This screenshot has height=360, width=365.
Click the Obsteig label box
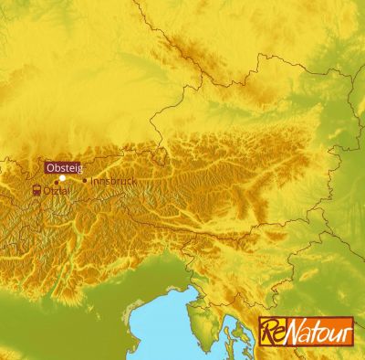pyautogui.click(x=61, y=166)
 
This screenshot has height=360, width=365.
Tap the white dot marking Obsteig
pyautogui.click(x=62, y=178)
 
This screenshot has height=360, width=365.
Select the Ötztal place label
pyautogui.click(x=55, y=191)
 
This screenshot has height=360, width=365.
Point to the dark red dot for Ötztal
pyautogui.click(x=57, y=182)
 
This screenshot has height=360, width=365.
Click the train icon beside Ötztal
pyautogui.click(x=36, y=191)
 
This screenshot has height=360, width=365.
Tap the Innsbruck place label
pyautogui.click(x=114, y=181)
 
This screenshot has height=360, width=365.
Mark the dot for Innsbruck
pyautogui.click(x=85, y=180)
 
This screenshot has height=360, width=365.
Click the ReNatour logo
pyautogui.click(x=305, y=331)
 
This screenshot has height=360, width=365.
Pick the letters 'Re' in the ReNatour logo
pyautogui.click(x=272, y=332)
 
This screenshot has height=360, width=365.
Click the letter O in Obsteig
pyautogui.click(x=50, y=166)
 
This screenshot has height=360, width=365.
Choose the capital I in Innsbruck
pyautogui.click(x=94, y=181)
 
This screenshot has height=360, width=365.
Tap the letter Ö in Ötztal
pyautogui.click(x=47, y=191)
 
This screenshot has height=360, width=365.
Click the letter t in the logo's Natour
pyautogui.click(x=315, y=334)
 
